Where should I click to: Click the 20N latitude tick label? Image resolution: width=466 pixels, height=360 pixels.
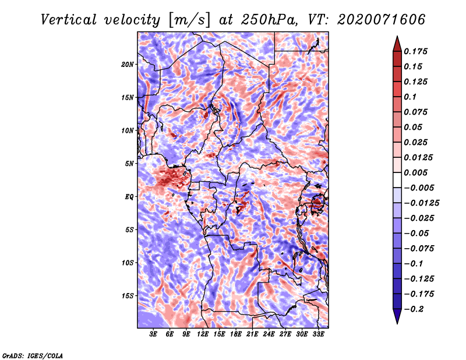click(128, 65)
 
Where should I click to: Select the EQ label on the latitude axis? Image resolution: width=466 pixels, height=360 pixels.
click(129, 197)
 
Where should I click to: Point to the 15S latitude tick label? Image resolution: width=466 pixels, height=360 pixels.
click(128, 296)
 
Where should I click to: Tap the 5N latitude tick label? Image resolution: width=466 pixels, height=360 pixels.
click(129, 164)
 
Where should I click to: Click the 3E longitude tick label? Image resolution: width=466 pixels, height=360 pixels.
click(153, 334)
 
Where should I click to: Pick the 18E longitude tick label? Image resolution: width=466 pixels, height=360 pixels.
click(236, 334)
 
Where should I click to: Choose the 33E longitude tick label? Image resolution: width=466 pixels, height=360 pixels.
click(318, 334)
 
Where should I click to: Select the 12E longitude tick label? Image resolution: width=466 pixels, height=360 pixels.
click(203, 334)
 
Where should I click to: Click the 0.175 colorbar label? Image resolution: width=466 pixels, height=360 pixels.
click(415, 51)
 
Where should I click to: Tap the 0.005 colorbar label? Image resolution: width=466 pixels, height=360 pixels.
click(415, 172)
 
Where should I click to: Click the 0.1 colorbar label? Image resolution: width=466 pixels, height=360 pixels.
click(410, 97)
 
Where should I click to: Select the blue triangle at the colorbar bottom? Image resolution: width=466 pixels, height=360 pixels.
click(397, 316)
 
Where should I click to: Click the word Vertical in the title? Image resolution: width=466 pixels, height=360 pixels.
click(69, 20)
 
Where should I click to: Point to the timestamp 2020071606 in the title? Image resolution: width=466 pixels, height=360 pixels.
click(382, 20)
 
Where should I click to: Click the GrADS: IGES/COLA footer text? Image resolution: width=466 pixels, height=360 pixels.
click(33, 356)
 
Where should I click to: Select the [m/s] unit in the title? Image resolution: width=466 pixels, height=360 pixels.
click(189, 20)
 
